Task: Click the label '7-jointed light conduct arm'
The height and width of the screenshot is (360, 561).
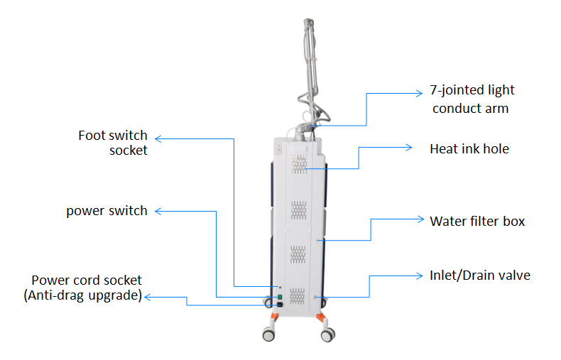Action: (x=473, y=99)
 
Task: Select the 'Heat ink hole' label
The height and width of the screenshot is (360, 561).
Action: (x=469, y=149)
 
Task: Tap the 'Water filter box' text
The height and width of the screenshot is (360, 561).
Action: (x=477, y=221)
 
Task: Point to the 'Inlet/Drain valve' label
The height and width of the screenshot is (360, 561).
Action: (x=480, y=275)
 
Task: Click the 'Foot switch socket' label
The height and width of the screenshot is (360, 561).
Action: (x=113, y=142)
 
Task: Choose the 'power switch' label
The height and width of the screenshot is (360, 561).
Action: (x=107, y=211)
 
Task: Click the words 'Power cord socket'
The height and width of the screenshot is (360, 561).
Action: (x=87, y=280)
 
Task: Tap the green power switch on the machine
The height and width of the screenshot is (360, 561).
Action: (x=280, y=296)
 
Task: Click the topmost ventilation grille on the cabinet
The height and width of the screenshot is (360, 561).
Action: (x=299, y=164)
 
